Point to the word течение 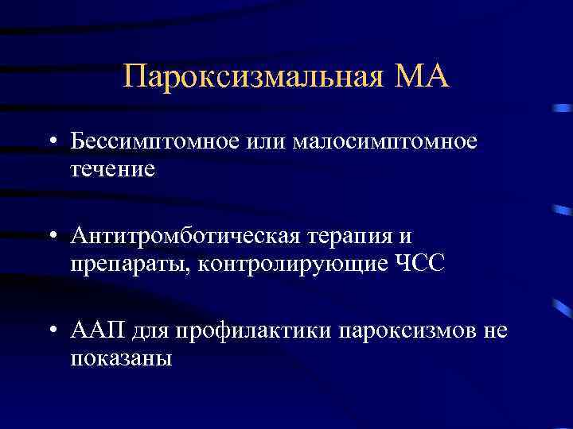tap(112, 170)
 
